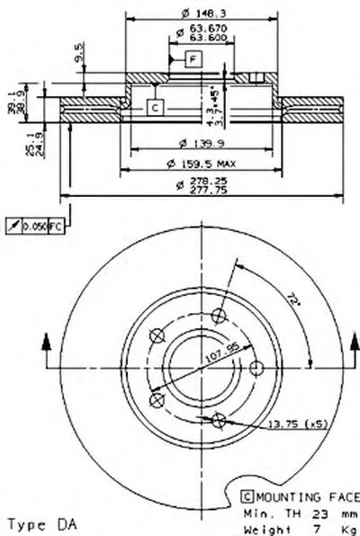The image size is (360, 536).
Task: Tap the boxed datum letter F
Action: (x=192, y=60)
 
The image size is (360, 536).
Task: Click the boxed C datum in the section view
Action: (x=154, y=107)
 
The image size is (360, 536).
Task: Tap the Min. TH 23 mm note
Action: (x=298, y=509)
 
